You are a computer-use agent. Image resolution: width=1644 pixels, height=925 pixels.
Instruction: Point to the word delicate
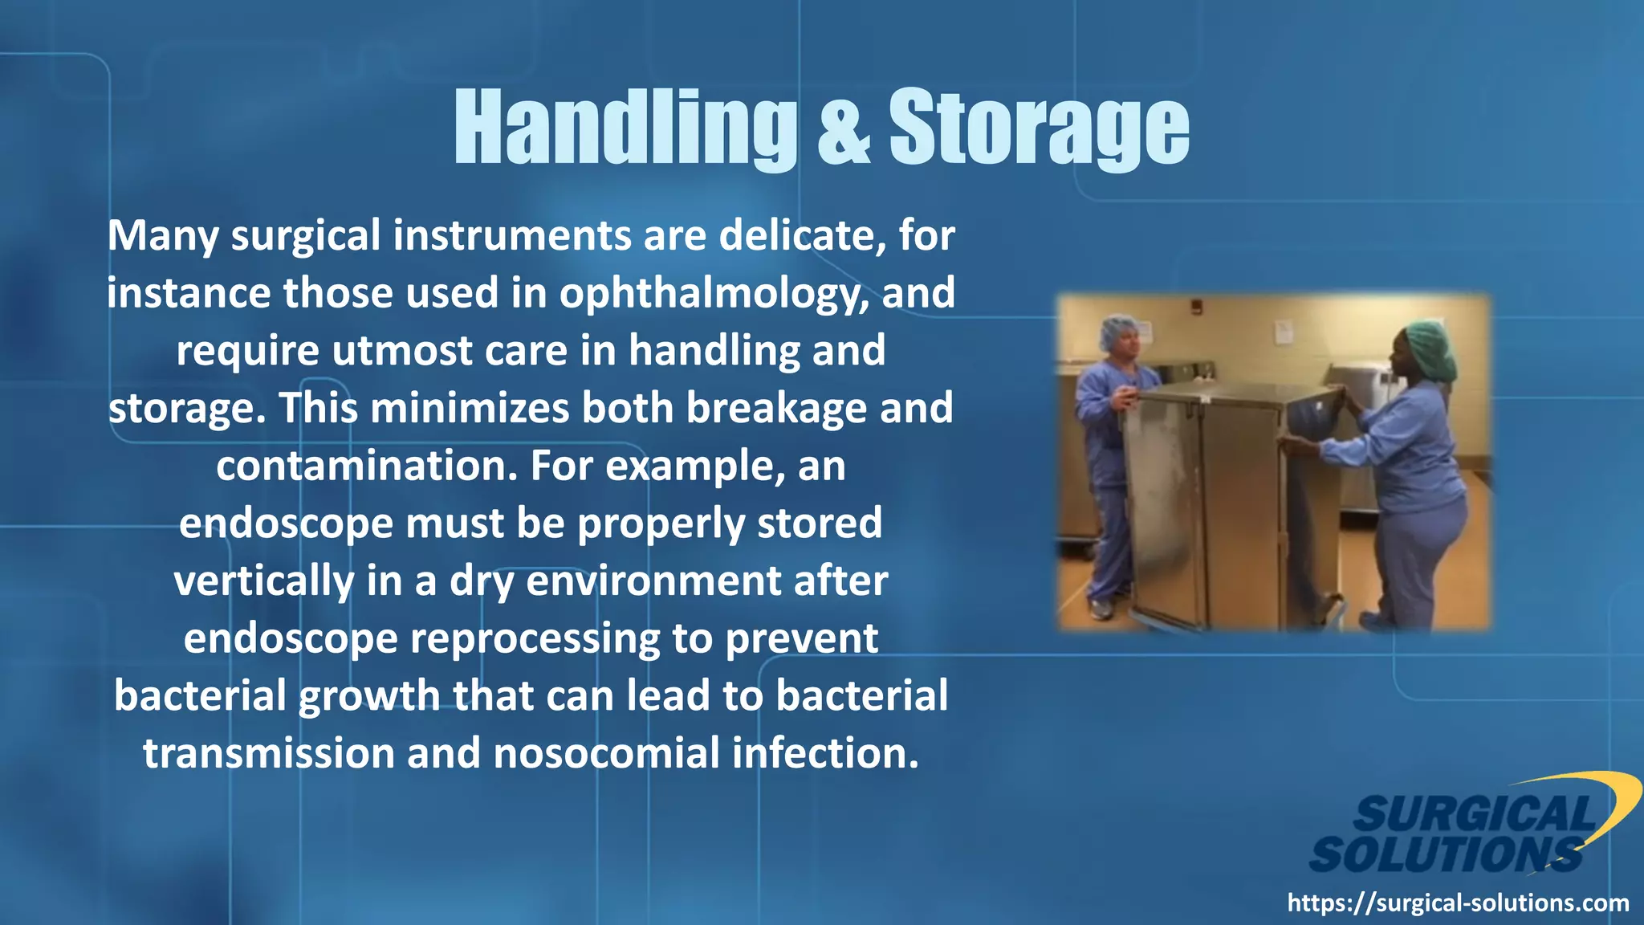click(802, 236)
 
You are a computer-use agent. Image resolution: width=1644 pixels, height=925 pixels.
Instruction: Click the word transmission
click(268, 754)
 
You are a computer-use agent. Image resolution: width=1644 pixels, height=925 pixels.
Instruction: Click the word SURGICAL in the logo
click(1475, 814)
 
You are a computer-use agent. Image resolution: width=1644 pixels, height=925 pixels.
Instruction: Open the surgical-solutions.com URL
click(1458, 903)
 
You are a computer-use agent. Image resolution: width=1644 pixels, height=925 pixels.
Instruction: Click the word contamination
click(366, 467)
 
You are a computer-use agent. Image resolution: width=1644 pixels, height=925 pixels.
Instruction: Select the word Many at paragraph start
click(163, 236)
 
